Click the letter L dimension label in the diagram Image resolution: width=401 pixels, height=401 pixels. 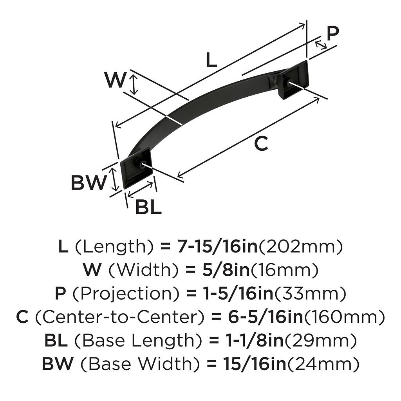tap(211, 60)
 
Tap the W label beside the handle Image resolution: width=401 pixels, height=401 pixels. tap(115, 80)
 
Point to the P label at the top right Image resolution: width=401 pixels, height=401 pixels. tap(333, 33)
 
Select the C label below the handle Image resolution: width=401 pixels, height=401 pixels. tap(261, 143)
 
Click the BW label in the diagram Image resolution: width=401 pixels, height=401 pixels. tap(88, 182)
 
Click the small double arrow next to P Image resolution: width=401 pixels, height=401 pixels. tap(321, 45)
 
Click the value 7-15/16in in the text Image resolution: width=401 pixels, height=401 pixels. tap(217, 247)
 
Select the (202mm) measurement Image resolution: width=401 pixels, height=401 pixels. tap(300, 247)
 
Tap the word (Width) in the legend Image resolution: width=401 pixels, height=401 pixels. tap(143, 271)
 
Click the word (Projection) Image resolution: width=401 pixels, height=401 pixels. tap(126, 294)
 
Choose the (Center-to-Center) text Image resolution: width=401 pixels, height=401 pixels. tap(120, 317)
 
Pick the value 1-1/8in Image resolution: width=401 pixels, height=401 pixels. tap(254, 341)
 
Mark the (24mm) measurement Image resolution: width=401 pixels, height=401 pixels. tap(323, 364)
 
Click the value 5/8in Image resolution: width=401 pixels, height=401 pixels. tap(226, 270)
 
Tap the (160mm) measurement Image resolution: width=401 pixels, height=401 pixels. tap(344, 317)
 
